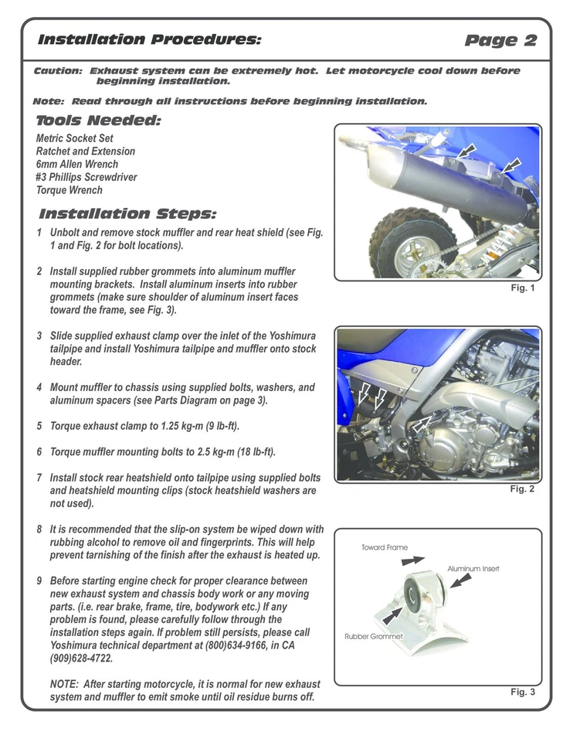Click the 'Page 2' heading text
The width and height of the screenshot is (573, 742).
tap(501, 41)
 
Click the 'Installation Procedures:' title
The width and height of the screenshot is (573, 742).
tap(149, 39)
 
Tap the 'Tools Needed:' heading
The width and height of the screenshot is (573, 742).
tap(98, 121)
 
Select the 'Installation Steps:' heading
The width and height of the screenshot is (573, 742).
tap(127, 213)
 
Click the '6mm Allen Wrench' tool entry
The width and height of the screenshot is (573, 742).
tap(77, 164)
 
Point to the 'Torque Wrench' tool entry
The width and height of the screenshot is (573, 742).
tap(70, 189)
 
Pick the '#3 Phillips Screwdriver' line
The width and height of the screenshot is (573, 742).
tap(86, 177)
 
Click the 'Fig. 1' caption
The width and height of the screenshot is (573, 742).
tap(522, 288)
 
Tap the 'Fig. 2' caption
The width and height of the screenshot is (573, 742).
tap(522, 488)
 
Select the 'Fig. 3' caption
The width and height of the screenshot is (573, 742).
tap(522, 691)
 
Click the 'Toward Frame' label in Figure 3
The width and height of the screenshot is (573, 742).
tap(385, 547)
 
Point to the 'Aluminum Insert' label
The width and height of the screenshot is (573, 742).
tap(473, 568)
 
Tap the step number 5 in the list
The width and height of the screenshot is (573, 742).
tap(39, 426)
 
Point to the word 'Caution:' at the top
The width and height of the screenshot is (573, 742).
tap(59, 71)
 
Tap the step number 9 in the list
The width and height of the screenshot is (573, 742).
tap(39, 580)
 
